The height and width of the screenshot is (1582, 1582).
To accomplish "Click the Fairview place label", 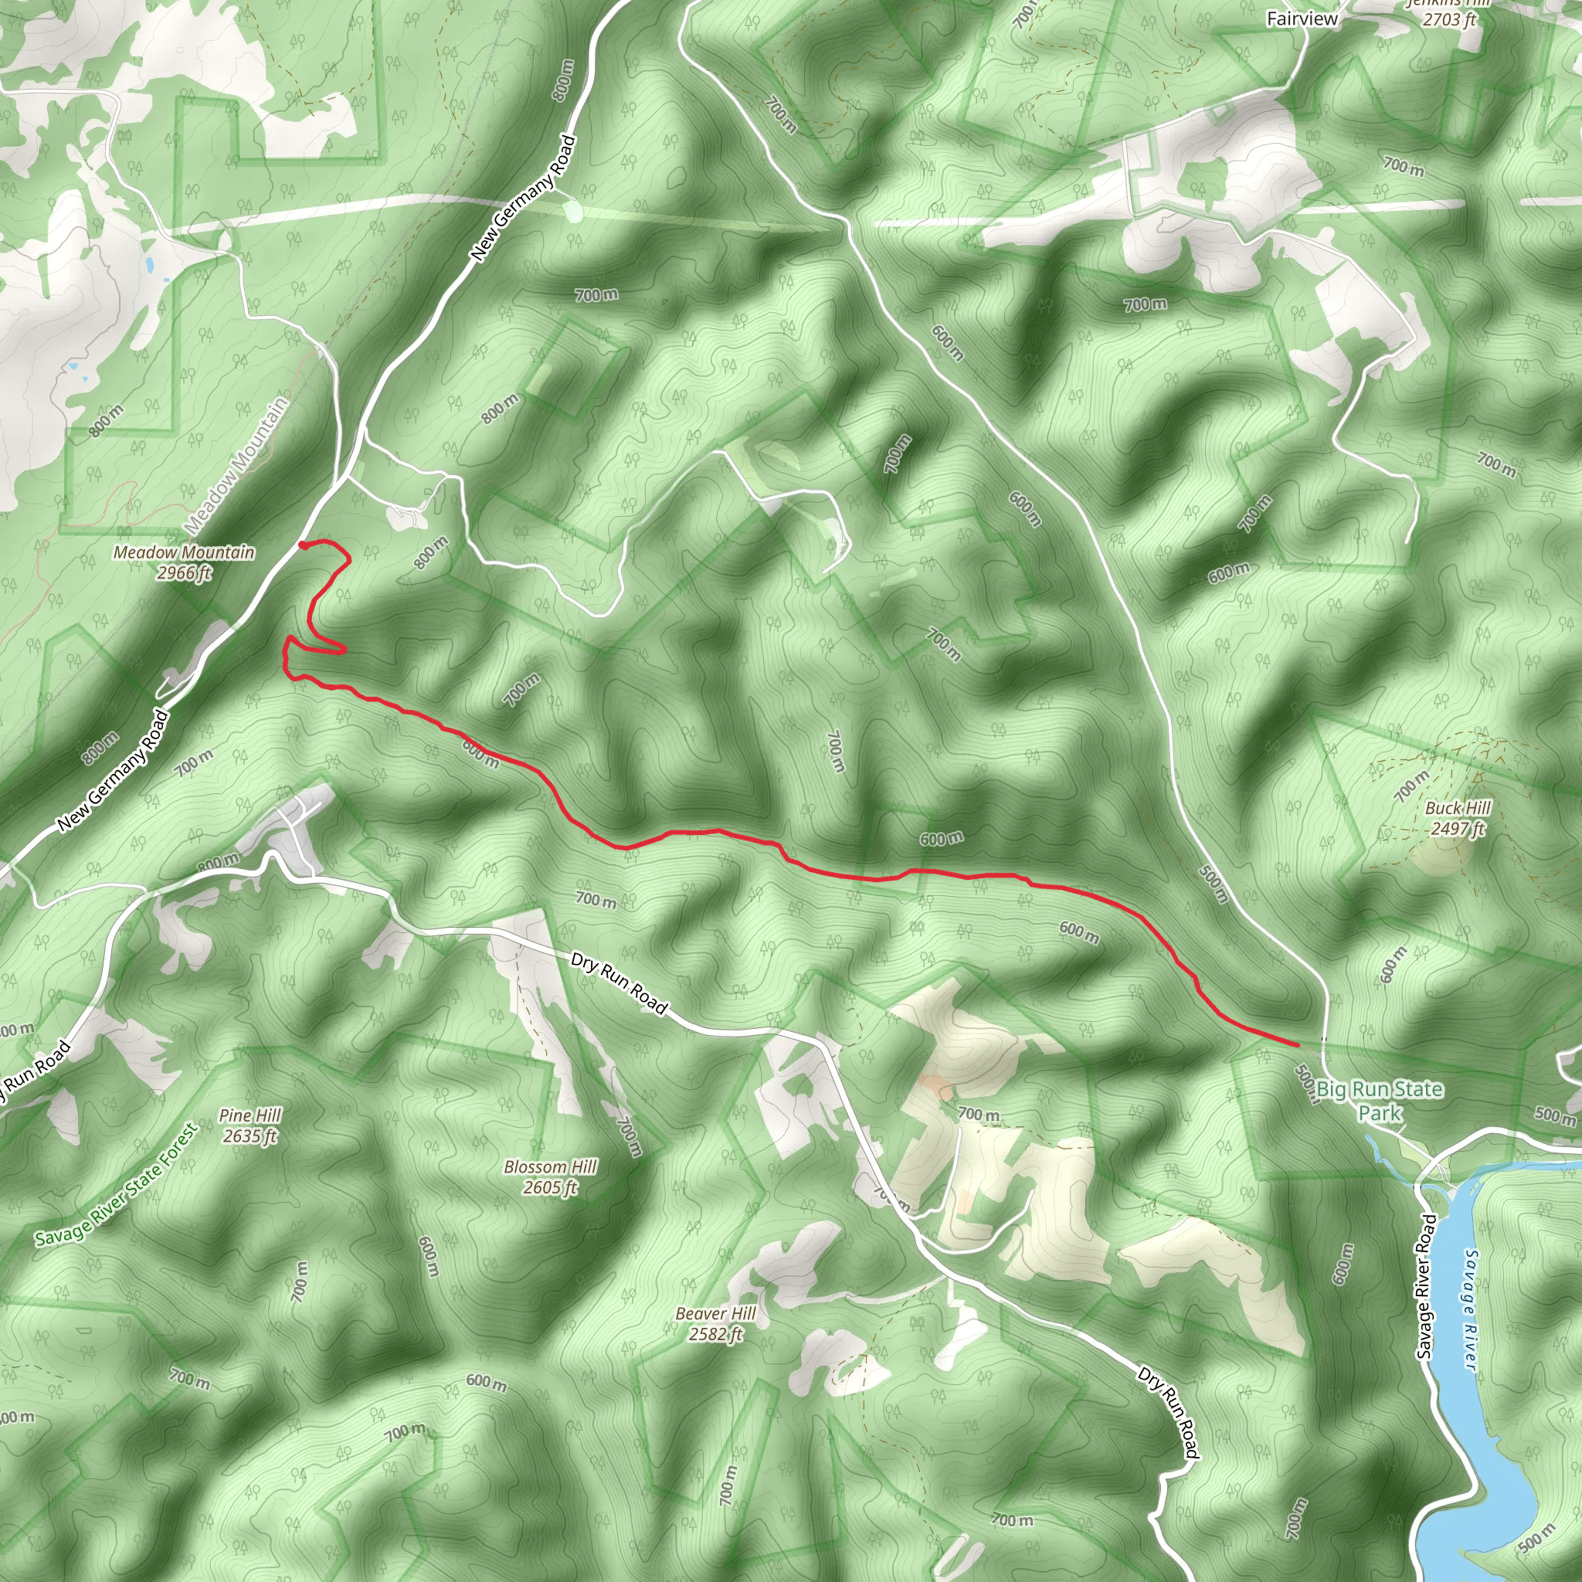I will [1302, 19].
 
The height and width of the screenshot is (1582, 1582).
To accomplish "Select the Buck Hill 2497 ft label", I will [1458, 818].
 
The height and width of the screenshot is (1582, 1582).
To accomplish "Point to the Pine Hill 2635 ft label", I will [250, 1125].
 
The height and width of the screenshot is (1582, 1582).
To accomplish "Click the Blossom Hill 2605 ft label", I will [550, 1176].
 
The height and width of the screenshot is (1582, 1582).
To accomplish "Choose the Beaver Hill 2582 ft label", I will [715, 1324].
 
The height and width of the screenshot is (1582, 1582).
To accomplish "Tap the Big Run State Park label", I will [1380, 1101].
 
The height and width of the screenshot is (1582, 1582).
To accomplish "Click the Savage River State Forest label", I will [117, 1184].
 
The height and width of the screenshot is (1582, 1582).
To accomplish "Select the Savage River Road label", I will [1426, 1286].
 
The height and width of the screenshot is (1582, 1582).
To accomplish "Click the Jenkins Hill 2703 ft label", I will [1448, 12].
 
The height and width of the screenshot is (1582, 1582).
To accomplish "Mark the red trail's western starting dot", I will [303, 545].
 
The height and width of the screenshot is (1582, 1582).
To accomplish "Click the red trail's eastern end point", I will [1297, 1045].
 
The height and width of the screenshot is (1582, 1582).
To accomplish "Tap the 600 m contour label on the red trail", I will [480, 753].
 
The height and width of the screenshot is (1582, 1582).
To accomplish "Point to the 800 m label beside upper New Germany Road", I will [563, 80].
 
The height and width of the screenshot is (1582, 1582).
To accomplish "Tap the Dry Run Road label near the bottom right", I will [1169, 1413].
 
